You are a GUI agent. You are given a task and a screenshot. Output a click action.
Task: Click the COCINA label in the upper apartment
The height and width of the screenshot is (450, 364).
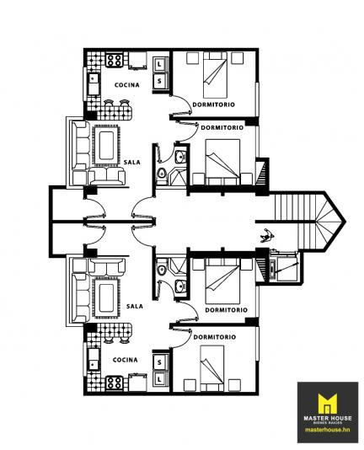coord(127,85)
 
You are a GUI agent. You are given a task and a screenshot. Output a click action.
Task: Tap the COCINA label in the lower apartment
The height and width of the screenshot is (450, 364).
coord(126,360)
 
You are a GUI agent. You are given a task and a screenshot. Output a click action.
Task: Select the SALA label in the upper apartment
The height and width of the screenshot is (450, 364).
coord(132,162)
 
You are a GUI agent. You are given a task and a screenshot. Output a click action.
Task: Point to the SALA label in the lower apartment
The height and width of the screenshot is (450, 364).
coord(135,306)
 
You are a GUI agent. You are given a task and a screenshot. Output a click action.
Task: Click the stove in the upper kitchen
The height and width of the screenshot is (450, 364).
coord(115,61)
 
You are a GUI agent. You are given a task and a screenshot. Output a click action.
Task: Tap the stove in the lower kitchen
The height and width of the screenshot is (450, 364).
coord(115,383)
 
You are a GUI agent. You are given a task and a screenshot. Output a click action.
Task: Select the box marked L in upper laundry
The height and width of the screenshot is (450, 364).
coord(159,64)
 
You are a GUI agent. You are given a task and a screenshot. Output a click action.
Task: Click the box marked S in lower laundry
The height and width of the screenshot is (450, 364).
coord(159,362)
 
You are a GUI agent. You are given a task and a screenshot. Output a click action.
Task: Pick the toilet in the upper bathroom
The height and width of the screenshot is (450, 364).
coord(162,174)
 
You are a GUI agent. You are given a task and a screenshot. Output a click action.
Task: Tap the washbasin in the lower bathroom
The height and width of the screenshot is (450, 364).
coord(180,286)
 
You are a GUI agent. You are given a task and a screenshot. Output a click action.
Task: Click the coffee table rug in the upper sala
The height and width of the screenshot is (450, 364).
coord(106,146)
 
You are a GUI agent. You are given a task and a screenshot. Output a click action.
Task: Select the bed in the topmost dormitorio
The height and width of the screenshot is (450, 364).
coord(215,75)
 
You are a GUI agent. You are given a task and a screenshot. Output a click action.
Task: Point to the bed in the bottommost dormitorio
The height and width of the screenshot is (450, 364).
coord(211,368)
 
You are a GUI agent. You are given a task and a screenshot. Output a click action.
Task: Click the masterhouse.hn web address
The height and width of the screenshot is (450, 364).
coord(328,430)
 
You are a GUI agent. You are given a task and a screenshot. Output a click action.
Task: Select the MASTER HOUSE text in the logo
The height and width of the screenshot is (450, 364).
coord(328,418)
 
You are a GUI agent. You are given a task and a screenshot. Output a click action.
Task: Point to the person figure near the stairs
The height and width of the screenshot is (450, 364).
coord(268,235)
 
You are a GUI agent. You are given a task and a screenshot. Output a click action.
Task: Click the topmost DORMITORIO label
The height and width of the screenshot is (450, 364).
coord(213,104)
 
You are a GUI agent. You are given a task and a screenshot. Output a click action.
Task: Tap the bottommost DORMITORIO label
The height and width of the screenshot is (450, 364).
coord(215,337)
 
